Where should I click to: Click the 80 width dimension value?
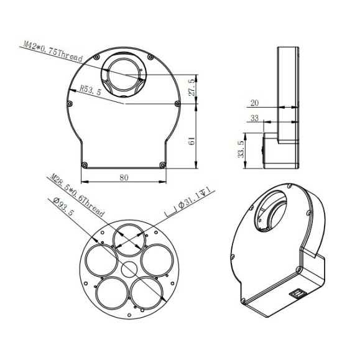pos(124,177)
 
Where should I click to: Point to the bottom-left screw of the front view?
pos(83,164)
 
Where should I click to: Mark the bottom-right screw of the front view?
pos(162,164)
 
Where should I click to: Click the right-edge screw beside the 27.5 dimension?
pos(178,103)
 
